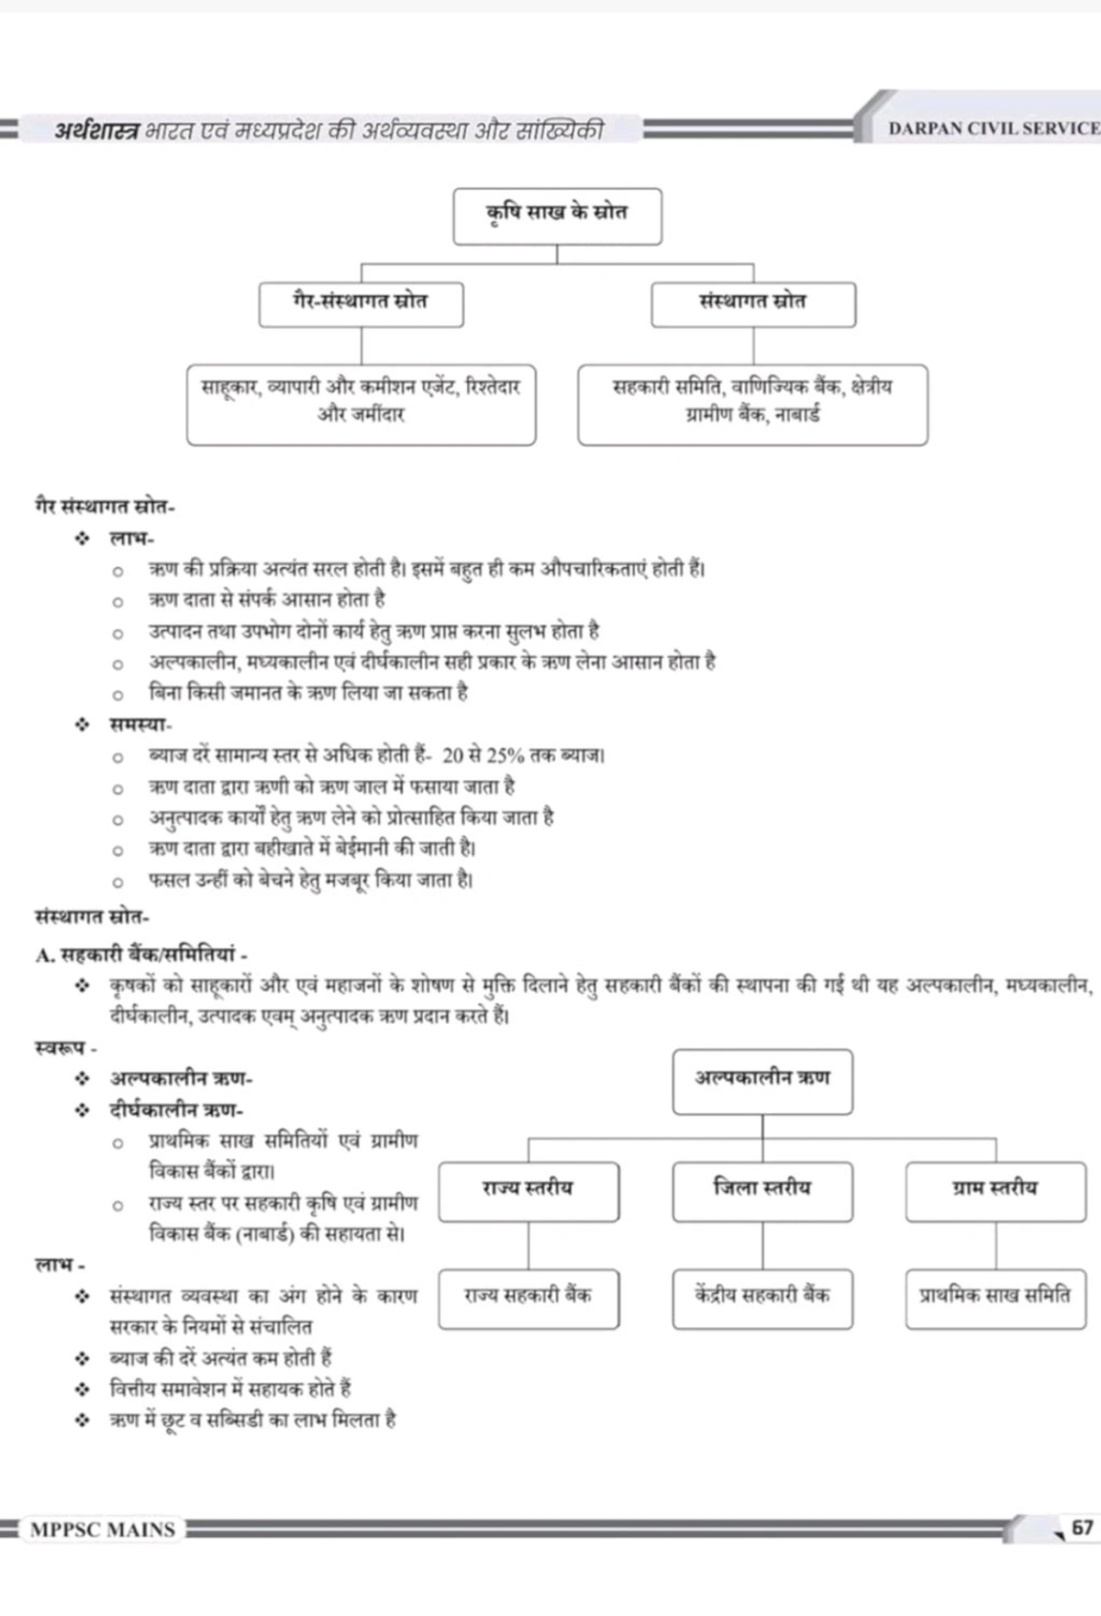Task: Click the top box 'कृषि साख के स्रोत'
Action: pos(557,216)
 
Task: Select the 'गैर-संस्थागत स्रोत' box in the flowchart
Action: pos(361,304)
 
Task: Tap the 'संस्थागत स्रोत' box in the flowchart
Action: pos(753,304)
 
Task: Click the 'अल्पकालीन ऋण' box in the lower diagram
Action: pos(762,1081)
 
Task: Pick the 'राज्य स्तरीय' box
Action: pos(528,1190)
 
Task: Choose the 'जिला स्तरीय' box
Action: pos(762,1190)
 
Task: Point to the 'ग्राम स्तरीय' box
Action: pos(995,1190)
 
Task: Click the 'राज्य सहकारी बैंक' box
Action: pos(528,1298)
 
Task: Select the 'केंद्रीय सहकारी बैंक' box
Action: pos(762,1298)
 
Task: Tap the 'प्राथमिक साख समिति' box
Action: pos(995,1298)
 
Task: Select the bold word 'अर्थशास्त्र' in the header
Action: pos(96,130)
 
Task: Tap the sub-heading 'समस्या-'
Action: pos(139,725)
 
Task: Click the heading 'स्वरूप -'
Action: pos(65,1047)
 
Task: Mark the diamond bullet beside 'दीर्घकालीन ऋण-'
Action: pos(83,1110)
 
